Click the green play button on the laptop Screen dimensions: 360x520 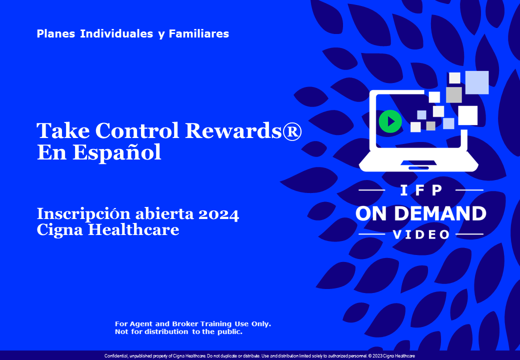tap(390, 121)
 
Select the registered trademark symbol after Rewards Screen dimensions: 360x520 tap(293, 131)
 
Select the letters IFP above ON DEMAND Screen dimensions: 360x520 tap(421, 190)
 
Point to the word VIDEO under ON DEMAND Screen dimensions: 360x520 tap(421, 234)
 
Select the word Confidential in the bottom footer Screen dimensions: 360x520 tap(116, 356)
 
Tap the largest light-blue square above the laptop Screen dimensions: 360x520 tap(476, 82)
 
